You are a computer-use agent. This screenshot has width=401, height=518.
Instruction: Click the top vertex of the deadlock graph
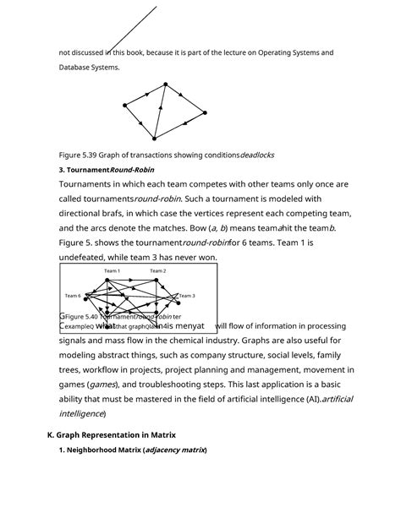coord(166,83)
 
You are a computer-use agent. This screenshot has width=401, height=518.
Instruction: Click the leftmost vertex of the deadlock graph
coord(124,105)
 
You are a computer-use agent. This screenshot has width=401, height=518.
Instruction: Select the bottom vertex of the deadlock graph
coord(155,138)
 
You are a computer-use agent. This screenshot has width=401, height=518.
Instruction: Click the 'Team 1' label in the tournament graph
coord(112,270)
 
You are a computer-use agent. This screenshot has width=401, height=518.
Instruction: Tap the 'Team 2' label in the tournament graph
coord(158,270)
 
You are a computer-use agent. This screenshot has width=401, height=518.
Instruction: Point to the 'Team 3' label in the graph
coord(187,296)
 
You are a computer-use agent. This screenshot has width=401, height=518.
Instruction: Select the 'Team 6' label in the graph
coord(73,296)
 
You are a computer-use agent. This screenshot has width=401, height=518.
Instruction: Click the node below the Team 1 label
coord(113,281)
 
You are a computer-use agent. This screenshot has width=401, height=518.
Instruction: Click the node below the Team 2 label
coord(157,281)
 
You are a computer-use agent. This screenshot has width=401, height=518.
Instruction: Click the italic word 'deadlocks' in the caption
coord(257,155)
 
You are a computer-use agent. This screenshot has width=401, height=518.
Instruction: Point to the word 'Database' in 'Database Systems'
coord(74,67)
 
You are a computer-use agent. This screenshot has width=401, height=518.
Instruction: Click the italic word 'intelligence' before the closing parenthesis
coord(80,413)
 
